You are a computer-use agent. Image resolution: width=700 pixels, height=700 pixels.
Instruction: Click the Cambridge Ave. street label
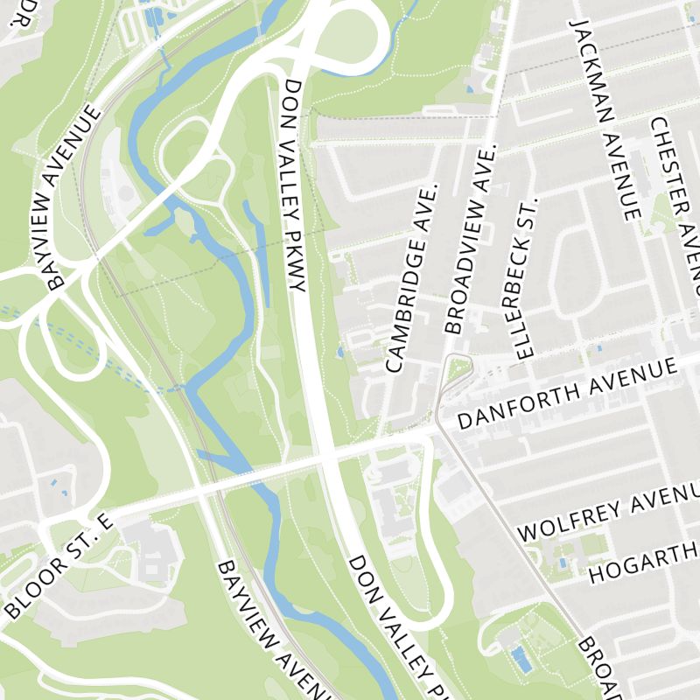click(x=409, y=278)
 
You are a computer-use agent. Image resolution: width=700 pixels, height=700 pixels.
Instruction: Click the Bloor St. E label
click(x=59, y=567)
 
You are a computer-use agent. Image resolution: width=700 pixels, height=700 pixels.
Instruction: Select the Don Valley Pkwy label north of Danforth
click(x=293, y=186)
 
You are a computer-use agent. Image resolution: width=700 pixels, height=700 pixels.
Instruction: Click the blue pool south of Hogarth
click(x=521, y=660)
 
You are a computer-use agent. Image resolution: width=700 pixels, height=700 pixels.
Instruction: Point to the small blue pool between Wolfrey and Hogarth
click(x=563, y=562)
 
